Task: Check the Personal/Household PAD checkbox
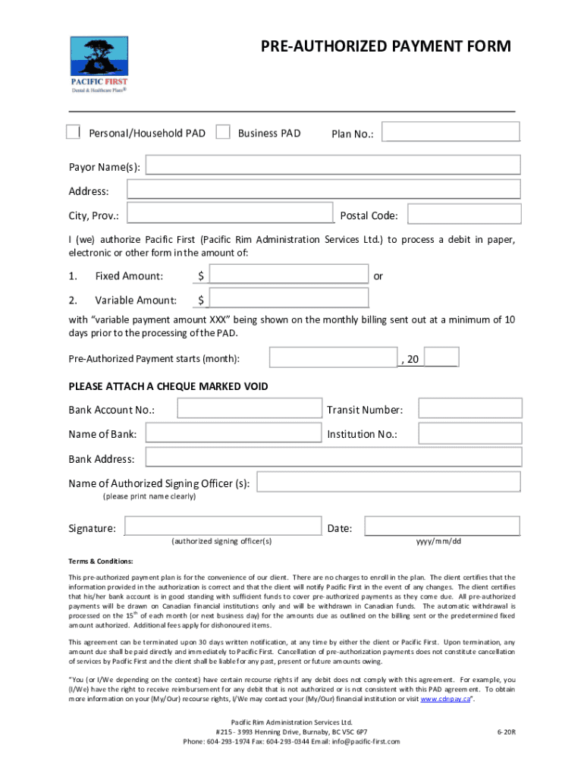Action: point(73,132)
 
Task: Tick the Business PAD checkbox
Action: point(223,132)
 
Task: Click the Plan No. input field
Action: point(451,131)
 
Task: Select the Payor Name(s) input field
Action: point(333,165)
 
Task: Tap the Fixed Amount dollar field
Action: point(288,274)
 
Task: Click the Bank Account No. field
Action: point(250,409)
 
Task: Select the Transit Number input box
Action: point(470,409)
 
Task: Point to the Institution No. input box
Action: point(470,433)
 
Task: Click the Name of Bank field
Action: point(234,433)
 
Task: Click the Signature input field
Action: point(223,527)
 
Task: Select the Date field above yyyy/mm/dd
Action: point(442,527)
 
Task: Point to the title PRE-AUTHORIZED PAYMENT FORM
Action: point(386,47)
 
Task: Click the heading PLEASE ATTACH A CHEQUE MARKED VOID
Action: point(168,386)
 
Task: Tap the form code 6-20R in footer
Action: point(506,731)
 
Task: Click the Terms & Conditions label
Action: point(101,562)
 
